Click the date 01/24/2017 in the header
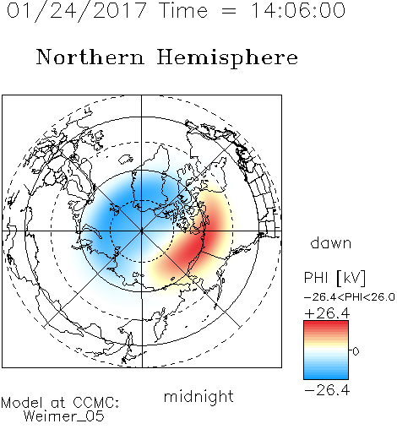click(77, 11)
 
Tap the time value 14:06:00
click(298, 10)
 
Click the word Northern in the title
click(90, 57)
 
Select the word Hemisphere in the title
click(227, 58)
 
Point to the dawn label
click(331, 242)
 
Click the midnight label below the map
click(198, 396)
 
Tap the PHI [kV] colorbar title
click(334, 278)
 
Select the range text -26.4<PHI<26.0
click(349, 297)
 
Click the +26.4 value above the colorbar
click(327, 313)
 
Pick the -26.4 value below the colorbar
click(327, 390)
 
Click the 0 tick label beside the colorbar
click(356, 351)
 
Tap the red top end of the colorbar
click(326, 323)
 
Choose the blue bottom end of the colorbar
click(326, 376)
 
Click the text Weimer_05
click(64, 416)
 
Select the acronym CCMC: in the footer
click(95, 403)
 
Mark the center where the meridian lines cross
click(142, 231)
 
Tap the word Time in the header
click(183, 10)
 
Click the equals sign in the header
click(229, 11)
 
